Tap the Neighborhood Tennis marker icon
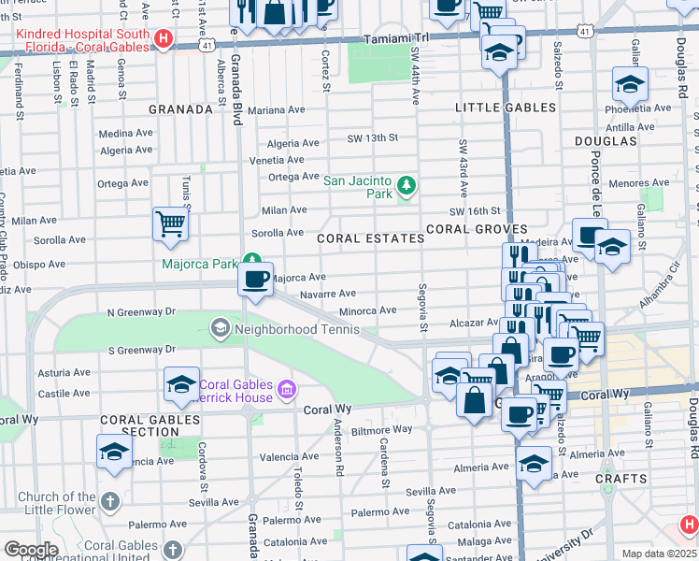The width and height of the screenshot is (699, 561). [x=220, y=328]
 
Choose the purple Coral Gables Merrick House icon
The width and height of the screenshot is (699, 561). [x=286, y=389]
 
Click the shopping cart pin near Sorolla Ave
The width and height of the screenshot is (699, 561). [x=170, y=223]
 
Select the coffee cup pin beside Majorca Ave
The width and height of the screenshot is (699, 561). [x=254, y=279]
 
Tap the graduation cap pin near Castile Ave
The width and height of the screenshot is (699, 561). [x=181, y=383]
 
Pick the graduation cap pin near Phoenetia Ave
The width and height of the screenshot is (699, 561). [x=631, y=84]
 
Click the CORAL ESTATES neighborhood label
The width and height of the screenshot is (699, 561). [x=370, y=238]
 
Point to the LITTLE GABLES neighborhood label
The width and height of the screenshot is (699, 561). [x=506, y=108]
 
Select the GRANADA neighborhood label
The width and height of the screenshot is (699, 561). [x=181, y=109]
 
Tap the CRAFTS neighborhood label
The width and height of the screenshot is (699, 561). [x=621, y=479]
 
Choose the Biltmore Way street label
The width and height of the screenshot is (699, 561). [x=382, y=430]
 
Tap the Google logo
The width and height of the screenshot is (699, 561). [x=31, y=550]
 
